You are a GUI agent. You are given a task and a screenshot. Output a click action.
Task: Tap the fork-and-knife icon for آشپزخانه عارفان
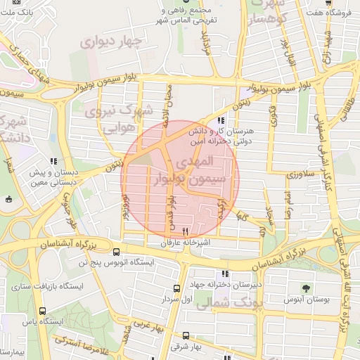click(186, 231)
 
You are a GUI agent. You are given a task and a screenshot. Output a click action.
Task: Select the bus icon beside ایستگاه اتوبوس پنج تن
click(116, 252)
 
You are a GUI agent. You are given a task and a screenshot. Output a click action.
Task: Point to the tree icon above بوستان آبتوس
click(304, 288)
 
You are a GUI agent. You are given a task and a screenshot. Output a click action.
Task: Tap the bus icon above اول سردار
click(176, 288)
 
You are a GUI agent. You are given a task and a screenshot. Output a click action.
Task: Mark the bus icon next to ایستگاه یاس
click(42, 311)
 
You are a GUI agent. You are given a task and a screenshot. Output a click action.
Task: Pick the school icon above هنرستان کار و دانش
click(221, 120)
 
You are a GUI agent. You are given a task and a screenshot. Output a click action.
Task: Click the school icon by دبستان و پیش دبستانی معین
click(54, 161)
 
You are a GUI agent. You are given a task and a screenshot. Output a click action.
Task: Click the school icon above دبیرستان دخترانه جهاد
click(225, 274)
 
